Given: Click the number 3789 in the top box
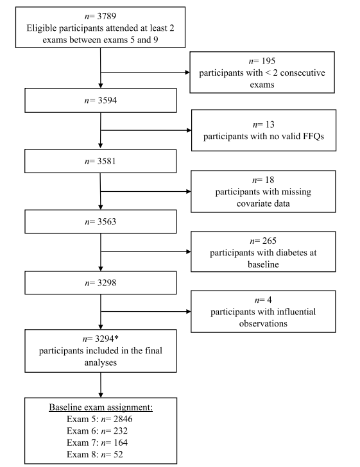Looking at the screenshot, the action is [x=107, y=16].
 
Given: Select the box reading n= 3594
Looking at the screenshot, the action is [x=101, y=100].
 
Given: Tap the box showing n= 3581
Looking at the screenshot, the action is [x=101, y=161].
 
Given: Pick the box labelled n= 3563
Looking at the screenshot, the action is [x=101, y=221].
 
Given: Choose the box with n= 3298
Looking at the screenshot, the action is [x=101, y=283].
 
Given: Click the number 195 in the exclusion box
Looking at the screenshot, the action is [x=268, y=61].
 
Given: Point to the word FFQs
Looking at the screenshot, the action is [x=313, y=137].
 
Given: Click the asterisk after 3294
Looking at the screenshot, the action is [x=116, y=337].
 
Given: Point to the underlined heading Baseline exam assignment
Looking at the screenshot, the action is [x=101, y=407].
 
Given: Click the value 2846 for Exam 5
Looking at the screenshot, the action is [x=123, y=419].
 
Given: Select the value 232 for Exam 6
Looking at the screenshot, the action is [x=121, y=431].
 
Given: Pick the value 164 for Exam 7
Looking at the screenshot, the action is [x=121, y=443].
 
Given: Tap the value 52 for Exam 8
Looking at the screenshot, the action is [x=118, y=454].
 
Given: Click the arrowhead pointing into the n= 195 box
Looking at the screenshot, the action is [x=187, y=72].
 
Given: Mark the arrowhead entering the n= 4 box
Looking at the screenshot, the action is [x=189, y=312].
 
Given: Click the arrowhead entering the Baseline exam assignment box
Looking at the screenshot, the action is [x=101, y=395].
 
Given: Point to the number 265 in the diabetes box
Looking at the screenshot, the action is [x=270, y=241].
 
